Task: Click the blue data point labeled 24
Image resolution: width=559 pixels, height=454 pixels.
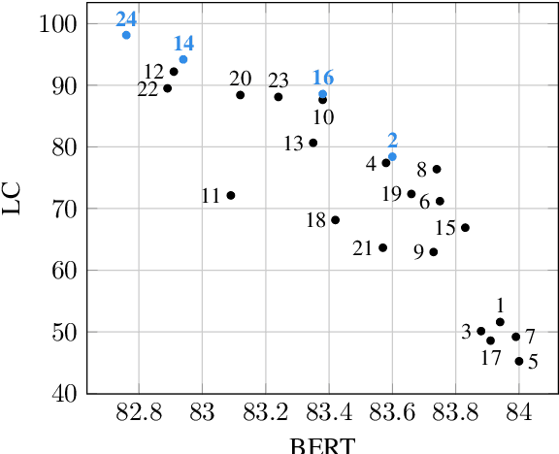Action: tap(126, 35)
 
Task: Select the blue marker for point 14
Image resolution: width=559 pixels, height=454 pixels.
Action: tap(182, 59)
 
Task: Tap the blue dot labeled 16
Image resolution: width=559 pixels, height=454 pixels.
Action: tap(323, 94)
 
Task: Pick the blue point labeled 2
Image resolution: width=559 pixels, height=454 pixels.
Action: tap(392, 156)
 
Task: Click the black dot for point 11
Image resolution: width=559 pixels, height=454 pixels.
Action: tap(231, 195)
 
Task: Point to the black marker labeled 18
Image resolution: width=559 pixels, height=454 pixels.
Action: tap(336, 220)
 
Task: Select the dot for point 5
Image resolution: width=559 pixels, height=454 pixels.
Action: tap(519, 361)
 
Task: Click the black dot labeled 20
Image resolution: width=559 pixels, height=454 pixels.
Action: tap(240, 95)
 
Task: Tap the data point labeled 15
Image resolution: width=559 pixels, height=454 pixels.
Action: tap(465, 228)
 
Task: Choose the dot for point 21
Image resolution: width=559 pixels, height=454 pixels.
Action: tap(382, 247)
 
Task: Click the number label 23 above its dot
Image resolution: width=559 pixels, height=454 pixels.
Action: tap(279, 79)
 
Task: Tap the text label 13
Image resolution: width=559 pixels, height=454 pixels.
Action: tap(294, 144)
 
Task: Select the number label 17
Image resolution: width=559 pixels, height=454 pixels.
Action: tap(491, 357)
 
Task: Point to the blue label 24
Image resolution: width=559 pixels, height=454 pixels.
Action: tap(126, 18)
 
